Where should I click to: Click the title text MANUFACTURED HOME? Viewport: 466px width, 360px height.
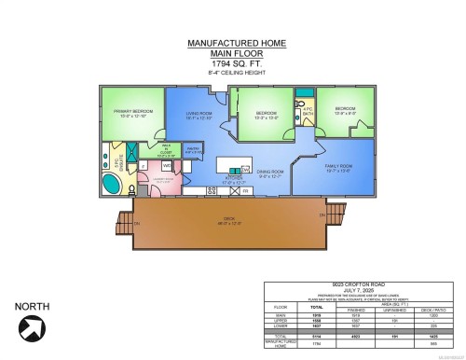click(233, 43)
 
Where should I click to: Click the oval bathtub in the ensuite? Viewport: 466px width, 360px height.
click(108, 182)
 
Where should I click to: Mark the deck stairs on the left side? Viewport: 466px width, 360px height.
click(120, 225)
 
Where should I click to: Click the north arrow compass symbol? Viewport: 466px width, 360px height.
click(34, 327)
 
